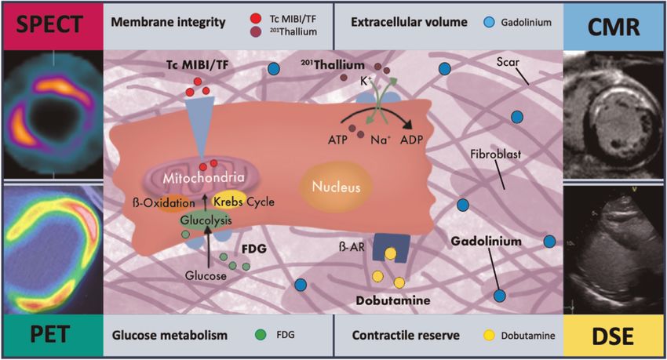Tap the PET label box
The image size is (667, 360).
coord(51,336)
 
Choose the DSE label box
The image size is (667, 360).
coord(615,336)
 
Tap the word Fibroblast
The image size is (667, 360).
coord(495,155)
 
